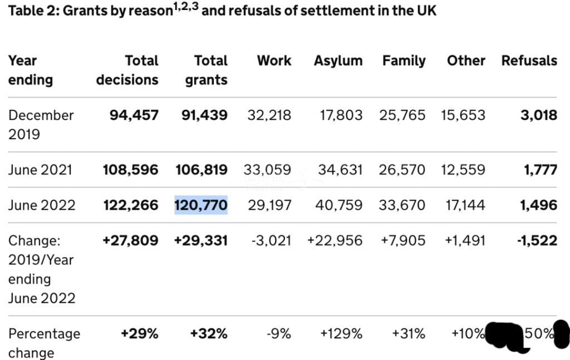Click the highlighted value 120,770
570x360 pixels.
(201, 205)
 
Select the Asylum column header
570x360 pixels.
(338, 61)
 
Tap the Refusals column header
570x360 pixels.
(529, 61)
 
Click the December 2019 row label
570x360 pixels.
(41, 124)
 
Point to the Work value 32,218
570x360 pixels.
(269, 115)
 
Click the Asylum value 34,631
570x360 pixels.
(340, 169)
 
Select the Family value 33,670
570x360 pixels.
(402, 205)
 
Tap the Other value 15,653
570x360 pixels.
(463, 115)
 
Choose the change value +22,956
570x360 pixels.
(335, 240)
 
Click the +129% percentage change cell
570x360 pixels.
(341, 333)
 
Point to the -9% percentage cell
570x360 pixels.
(278, 333)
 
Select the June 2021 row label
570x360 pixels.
(40, 169)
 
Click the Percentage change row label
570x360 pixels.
(44, 343)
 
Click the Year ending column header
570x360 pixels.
(31, 70)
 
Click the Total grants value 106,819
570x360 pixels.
(200, 169)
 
